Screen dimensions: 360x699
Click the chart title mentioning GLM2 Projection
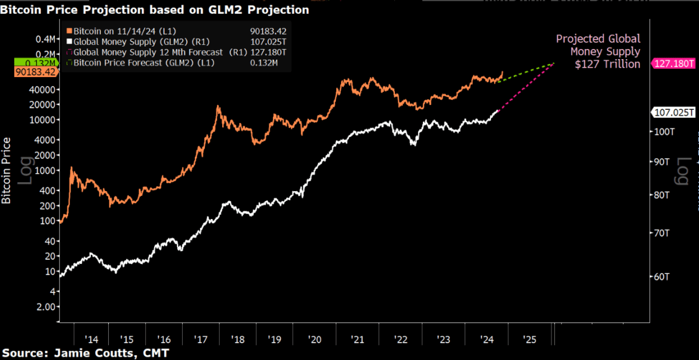155,10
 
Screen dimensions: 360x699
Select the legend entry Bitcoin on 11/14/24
119,30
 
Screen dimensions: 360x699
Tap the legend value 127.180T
268,52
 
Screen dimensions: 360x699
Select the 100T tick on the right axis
665,131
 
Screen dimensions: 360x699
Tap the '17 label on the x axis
201,339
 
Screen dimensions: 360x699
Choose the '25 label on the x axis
529,339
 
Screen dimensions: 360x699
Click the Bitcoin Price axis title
7,170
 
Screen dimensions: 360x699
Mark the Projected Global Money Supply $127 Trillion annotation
598,51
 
